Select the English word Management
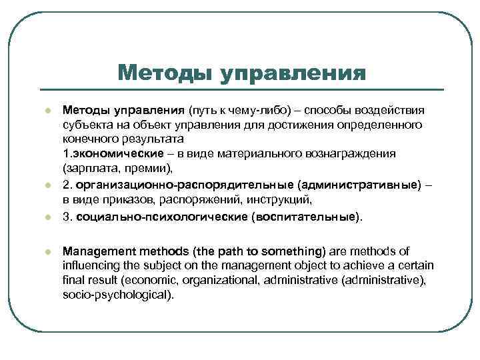click(x=97, y=251)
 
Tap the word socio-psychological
click(x=117, y=294)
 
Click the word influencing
click(x=93, y=265)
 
